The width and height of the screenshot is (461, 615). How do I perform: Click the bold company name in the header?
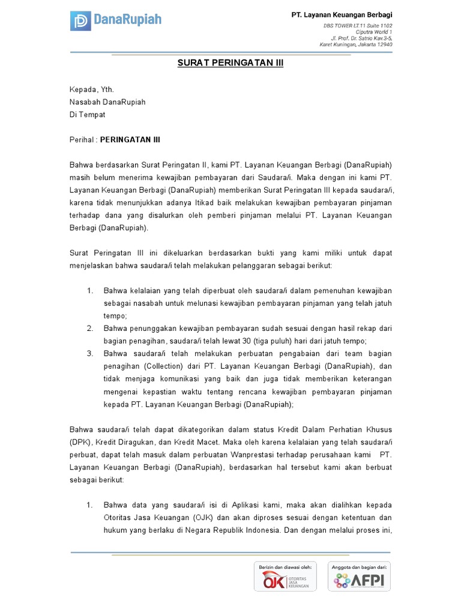[342, 14]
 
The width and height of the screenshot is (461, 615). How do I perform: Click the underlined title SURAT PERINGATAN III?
[230, 63]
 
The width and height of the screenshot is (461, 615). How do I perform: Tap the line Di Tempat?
[87, 115]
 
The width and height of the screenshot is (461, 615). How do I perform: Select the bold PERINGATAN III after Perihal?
[130, 139]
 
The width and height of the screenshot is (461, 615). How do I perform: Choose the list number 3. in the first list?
[89, 354]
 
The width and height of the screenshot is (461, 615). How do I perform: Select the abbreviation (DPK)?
[80, 442]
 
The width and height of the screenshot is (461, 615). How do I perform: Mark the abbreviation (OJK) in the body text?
[203, 518]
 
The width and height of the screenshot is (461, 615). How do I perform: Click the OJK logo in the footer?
[286, 581]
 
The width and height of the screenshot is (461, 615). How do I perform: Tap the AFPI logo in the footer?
[359, 581]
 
